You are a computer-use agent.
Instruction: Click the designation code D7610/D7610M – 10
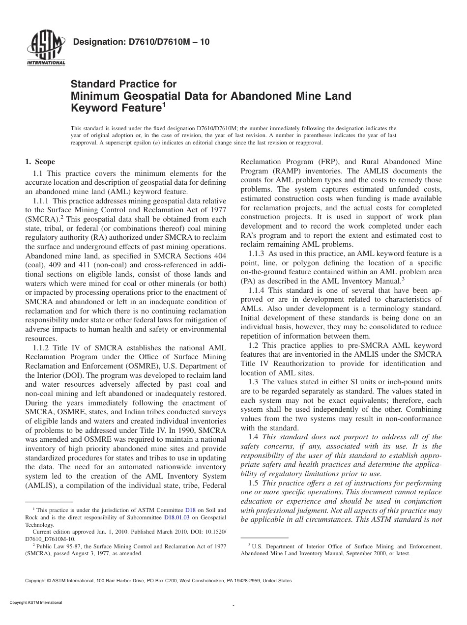(x=141, y=42)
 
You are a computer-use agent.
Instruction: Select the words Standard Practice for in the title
(x=124, y=84)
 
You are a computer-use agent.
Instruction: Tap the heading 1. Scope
(x=40, y=162)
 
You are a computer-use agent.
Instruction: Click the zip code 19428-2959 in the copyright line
(x=247, y=580)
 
